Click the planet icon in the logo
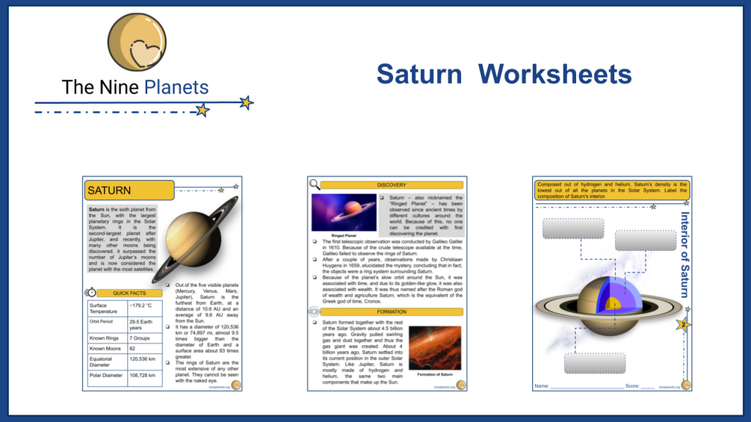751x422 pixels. click(137, 42)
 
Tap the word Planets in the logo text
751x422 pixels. click(176, 87)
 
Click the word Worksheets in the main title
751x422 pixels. click(554, 74)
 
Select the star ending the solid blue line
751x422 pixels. click(246, 102)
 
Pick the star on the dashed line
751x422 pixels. click(202, 111)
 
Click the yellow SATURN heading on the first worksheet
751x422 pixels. click(129, 190)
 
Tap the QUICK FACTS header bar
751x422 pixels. click(129, 293)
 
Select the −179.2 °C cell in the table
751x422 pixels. click(144, 305)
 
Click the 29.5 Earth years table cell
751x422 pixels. click(144, 324)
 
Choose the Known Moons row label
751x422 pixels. click(106, 349)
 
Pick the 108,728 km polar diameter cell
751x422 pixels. click(144, 375)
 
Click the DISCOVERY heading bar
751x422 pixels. click(392, 184)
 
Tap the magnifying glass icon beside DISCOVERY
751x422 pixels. click(315, 184)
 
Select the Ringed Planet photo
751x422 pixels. click(344, 213)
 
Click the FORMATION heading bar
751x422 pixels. click(392, 311)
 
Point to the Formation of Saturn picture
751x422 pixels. click(435, 345)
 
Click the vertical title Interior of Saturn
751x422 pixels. click(684, 254)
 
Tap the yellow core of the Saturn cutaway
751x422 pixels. click(614, 303)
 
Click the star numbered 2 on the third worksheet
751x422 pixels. click(683, 325)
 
